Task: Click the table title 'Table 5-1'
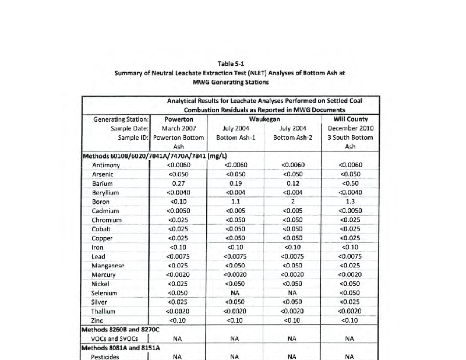(x=232, y=63)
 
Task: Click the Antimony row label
(x=105, y=165)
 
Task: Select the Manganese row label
(x=108, y=266)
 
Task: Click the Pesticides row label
(x=105, y=357)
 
